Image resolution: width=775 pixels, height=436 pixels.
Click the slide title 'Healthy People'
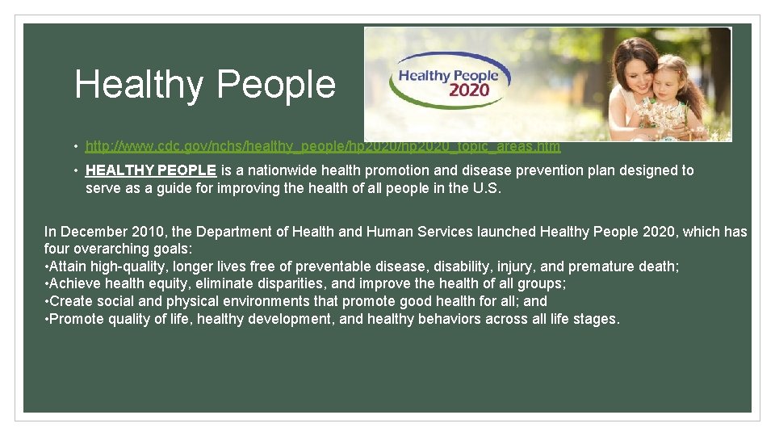[x=205, y=84]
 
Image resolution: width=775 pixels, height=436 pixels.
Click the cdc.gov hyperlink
[x=322, y=147]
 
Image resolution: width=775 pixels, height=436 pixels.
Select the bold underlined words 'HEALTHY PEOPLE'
[x=151, y=170]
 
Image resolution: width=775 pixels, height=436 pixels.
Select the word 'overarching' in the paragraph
[x=113, y=249]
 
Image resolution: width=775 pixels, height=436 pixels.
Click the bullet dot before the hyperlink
[x=73, y=147]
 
